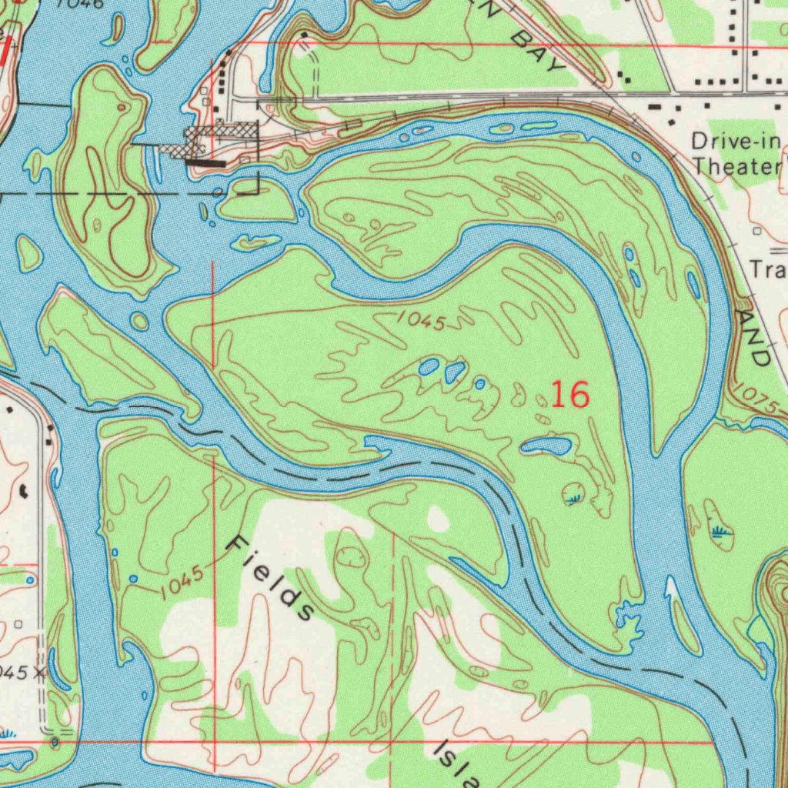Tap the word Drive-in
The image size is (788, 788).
(736, 142)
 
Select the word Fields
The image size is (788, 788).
(272, 577)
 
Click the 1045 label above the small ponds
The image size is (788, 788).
(422, 322)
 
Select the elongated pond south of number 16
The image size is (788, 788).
(546, 446)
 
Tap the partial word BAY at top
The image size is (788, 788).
(539, 52)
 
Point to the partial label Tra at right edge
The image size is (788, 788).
(766, 269)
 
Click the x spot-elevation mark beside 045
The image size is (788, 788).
(37, 672)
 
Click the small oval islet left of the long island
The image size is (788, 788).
(28, 253)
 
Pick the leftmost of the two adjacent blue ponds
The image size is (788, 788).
(429, 366)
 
